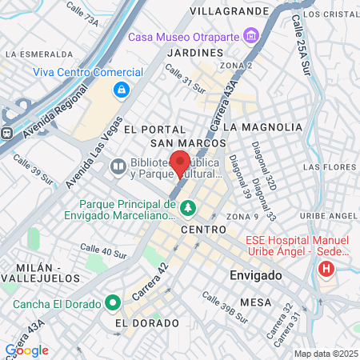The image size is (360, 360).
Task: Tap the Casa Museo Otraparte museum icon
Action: (252, 37)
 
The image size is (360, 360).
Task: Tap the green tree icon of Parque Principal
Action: (188, 209)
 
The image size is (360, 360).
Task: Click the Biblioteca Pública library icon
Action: (118, 166)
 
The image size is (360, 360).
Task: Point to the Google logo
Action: (27, 350)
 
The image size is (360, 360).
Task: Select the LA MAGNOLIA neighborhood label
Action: (262, 127)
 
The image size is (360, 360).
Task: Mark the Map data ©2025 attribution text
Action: (326, 353)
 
